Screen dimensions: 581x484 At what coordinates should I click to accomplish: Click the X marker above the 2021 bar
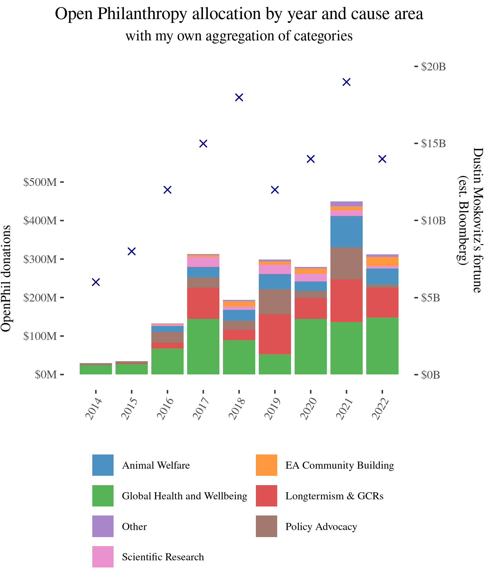coord(346,82)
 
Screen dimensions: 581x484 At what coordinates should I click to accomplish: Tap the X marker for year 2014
coord(96,282)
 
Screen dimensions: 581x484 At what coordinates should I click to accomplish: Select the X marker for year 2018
coord(239,97)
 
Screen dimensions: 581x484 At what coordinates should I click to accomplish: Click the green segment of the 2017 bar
coord(203,347)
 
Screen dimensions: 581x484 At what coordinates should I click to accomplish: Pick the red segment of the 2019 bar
coord(275,334)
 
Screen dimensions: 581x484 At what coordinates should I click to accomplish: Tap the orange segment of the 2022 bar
coord(382,261)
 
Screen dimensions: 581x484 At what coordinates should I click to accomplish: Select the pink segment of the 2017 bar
coord(203,262)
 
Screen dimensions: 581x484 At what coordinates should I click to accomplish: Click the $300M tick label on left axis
coord(40,259)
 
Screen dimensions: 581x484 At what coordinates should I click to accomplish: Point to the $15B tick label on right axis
coord(433,143)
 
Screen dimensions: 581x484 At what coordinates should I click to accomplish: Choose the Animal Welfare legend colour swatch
coord(103,465)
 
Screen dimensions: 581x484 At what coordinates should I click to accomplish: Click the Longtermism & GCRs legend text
coord(334,496)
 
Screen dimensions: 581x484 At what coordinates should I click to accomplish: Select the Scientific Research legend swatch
coord(103,557)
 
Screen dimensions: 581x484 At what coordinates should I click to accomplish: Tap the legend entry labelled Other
coord(134,527)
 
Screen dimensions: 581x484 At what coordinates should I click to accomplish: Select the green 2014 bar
coord(96,370)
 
